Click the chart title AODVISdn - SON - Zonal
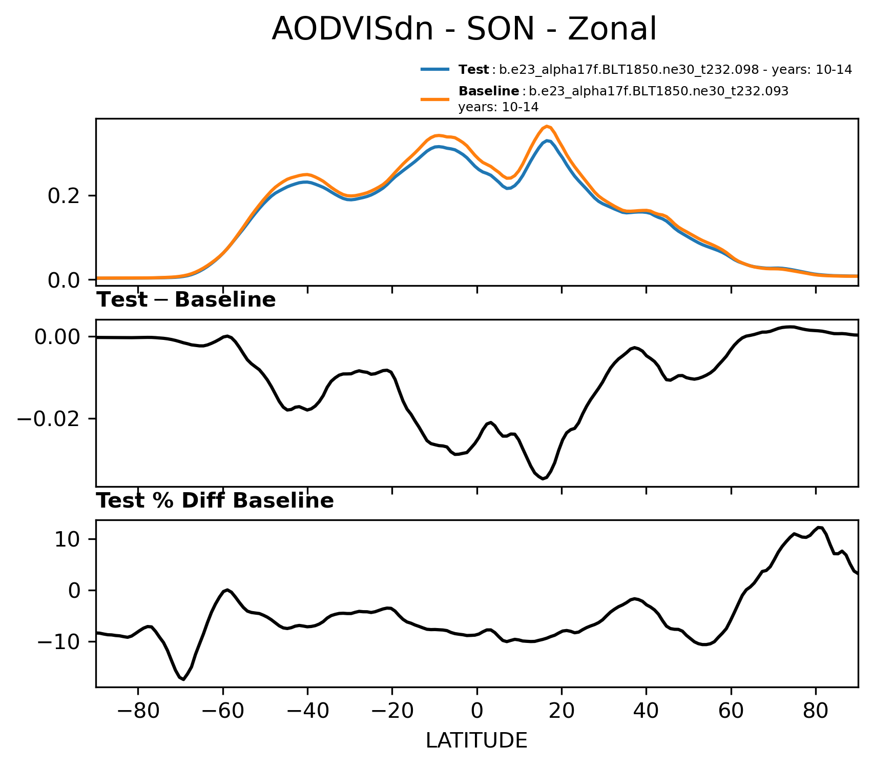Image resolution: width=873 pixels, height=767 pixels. coord(464,29)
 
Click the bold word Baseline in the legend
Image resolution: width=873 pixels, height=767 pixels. coord(489,91)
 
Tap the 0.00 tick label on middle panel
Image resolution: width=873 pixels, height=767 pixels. coord(58,337)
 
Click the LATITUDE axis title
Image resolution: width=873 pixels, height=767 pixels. coord(476,741)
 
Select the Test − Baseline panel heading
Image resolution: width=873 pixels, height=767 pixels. coord(186,300)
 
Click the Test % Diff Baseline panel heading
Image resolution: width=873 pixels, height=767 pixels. coord(215,501)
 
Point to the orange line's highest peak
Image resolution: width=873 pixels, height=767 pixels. coord(547,126)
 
